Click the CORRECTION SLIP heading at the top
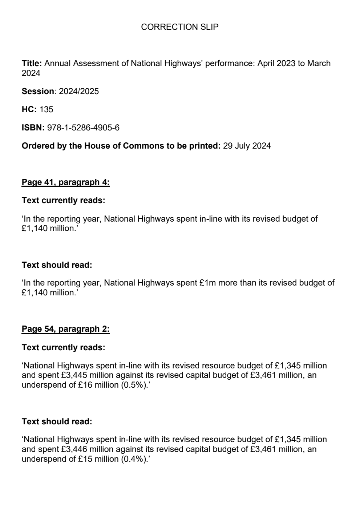[179, 27]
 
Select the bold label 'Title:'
[32, 63]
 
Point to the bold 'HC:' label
[29, 109]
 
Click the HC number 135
[46, 109]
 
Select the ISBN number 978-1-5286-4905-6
[83, 128]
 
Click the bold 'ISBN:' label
[33, 128]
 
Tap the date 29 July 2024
[247, 146]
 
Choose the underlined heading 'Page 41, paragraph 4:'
[65, 182]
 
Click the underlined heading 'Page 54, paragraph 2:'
[65, 329]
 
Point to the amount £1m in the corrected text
[208, 283]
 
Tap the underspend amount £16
[85, 385]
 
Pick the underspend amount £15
[85, 459]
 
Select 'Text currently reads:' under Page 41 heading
[63, 200]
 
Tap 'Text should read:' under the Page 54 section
[57, 421]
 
